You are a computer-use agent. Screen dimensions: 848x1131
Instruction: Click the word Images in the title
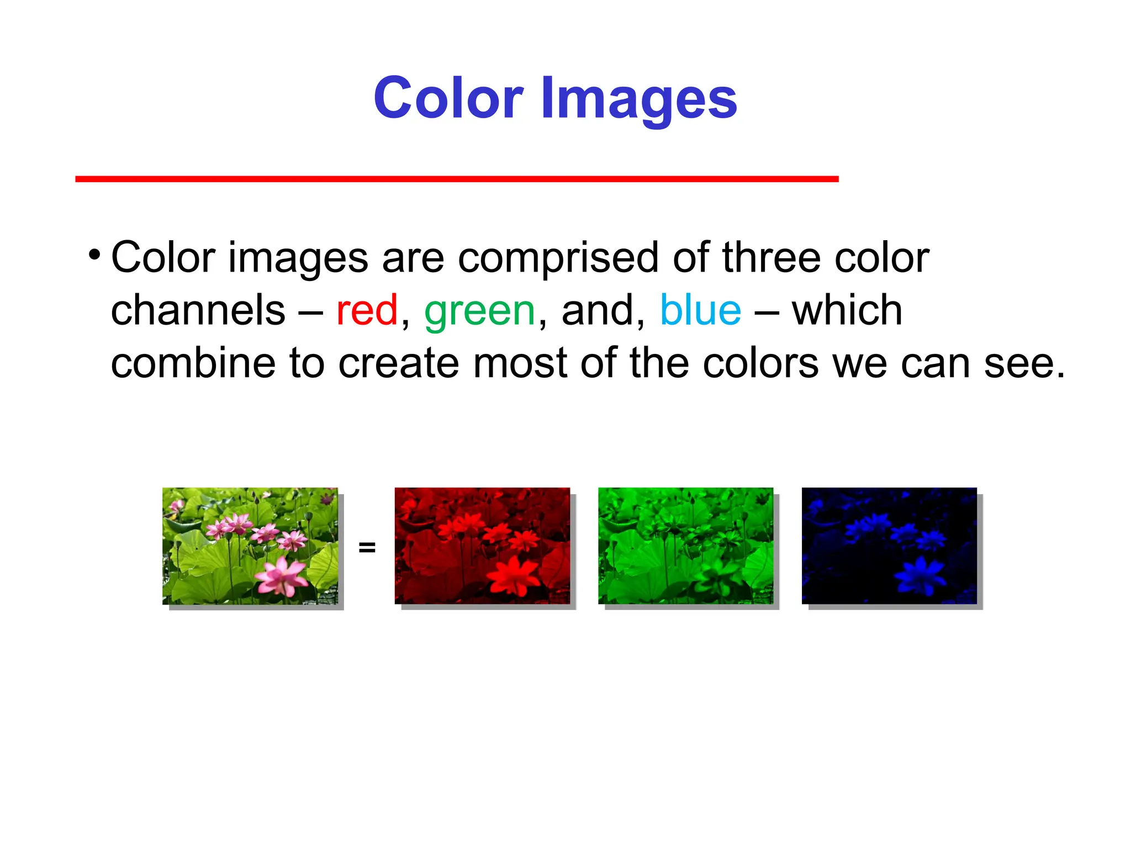click(x=639, y=99)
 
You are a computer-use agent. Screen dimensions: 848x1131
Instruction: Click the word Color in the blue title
click(x=448, y=98)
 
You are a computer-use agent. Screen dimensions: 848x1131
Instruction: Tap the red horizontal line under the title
click(x=457, y=179)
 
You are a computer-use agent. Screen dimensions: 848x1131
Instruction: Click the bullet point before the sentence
click(x=94, y=256)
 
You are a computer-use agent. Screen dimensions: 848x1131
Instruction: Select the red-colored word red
click(x=367, y=310)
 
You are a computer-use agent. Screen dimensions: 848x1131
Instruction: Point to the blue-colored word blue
click(x=700, y=310)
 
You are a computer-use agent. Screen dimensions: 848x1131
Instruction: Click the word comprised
click(x=558, y=258)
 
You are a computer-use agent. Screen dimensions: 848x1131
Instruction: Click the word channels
click(x=198, y=310)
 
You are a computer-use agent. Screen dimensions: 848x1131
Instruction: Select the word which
click(x=847, y=310)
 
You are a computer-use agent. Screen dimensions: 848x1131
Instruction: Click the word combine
click(x=193, y=363)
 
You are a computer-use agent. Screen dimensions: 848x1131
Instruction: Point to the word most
click(x=520, y=364)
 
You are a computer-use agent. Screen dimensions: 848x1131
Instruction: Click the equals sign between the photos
click(x=367, y=547)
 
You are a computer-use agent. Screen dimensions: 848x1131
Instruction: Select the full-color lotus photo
click(x=250, y=545)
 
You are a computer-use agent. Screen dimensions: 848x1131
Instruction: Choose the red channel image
click(x=482, y=545)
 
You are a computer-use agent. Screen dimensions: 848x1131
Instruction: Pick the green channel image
click(x=685, y=545)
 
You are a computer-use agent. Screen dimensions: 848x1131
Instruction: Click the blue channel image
click(x=889, y=545)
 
